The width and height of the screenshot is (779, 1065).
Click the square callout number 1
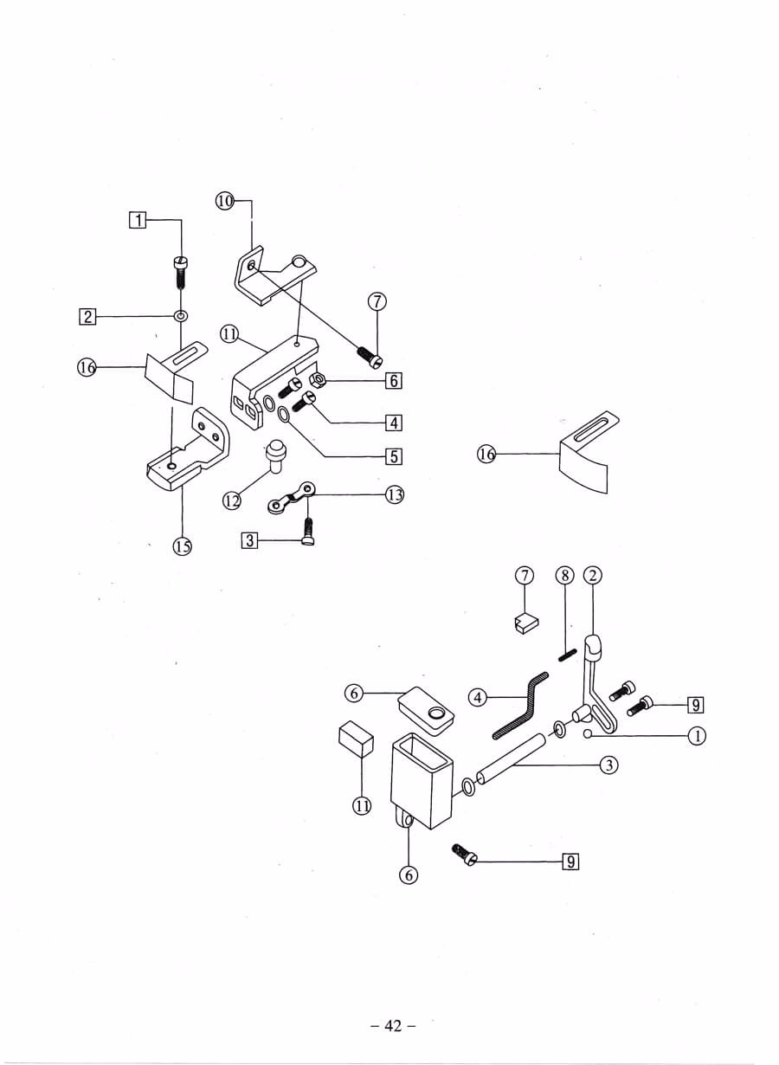[x=137, y=220]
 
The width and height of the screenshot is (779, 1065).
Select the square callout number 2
[x=87, y=316]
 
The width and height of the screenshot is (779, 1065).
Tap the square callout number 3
[x=249, y=540]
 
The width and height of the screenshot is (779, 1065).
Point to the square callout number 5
[x=394, y=455]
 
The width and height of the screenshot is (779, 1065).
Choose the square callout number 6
[x=394, y=380]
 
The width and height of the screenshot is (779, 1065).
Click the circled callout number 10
[x=225, y=201]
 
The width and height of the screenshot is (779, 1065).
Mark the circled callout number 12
[x=231, y=500]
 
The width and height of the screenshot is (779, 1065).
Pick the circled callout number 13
[x=396, y=494]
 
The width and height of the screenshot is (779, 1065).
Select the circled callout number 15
[x=183, y=546]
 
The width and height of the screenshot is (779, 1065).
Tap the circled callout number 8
[x=564, y=575]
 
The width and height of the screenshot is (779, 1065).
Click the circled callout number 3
[x=609, y=765]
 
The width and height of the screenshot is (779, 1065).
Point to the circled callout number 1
[x=697, y=736]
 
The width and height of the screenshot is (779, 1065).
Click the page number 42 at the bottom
[x=393, y=1026]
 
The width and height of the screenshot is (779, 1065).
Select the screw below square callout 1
[x=183, y=270]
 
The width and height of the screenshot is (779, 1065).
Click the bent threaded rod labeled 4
[x=519, y=706]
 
